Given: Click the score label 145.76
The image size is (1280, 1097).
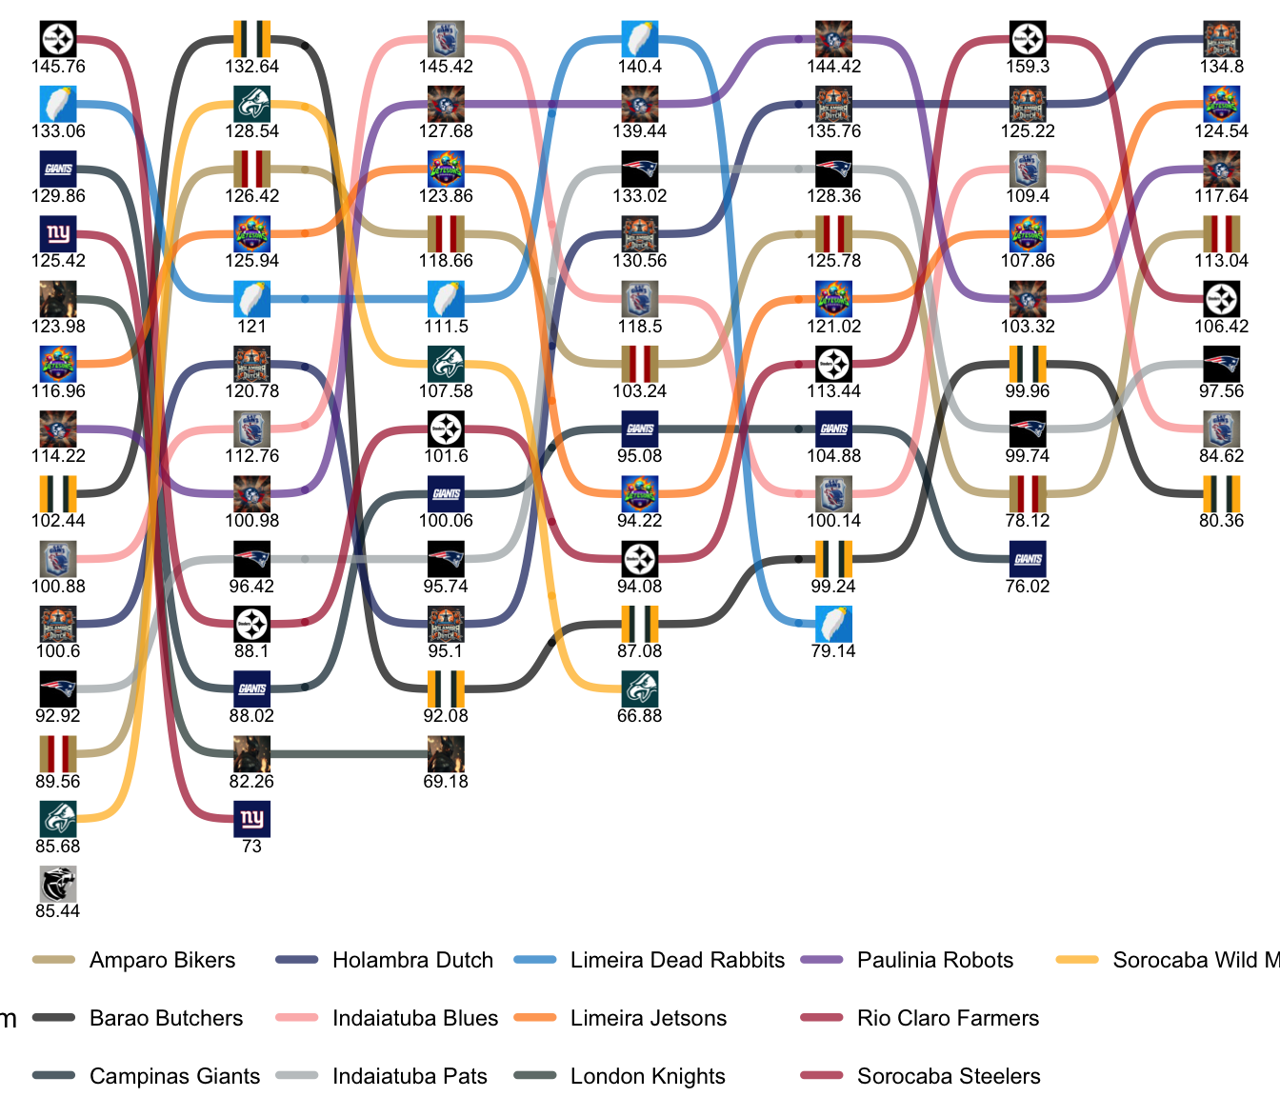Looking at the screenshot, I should [58, 67].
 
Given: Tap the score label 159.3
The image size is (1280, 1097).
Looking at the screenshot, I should [1028, 67].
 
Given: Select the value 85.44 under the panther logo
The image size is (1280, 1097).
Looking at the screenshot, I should [58, 911].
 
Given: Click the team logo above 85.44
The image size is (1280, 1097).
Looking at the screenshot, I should [58, 884].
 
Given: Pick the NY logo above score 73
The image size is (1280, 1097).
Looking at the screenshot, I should [251, 819].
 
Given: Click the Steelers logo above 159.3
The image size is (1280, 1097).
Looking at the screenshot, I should [1028, 40].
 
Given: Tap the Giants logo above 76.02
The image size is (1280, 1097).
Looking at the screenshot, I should [1028, 559].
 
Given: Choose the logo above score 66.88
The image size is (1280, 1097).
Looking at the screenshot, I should [639, 688].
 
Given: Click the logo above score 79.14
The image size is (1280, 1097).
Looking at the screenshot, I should [833, 624].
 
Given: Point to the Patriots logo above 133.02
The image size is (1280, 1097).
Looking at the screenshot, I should [639, 170].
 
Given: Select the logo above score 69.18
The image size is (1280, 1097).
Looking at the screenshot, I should [446, 754].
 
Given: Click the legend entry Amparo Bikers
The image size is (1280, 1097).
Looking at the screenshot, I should [162, 960].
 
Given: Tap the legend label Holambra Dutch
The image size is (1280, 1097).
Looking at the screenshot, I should [412, 960].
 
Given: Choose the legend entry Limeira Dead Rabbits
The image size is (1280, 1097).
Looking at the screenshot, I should [677, 960].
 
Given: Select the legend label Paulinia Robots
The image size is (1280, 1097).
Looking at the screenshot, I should [935, 960].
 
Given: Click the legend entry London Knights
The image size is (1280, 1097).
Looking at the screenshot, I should [648, 1076].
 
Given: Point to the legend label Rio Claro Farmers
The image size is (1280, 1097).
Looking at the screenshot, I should [948, 1018].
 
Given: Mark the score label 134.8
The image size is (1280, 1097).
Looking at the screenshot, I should [1222, 67].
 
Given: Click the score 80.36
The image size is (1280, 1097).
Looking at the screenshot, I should [1222, 521].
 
